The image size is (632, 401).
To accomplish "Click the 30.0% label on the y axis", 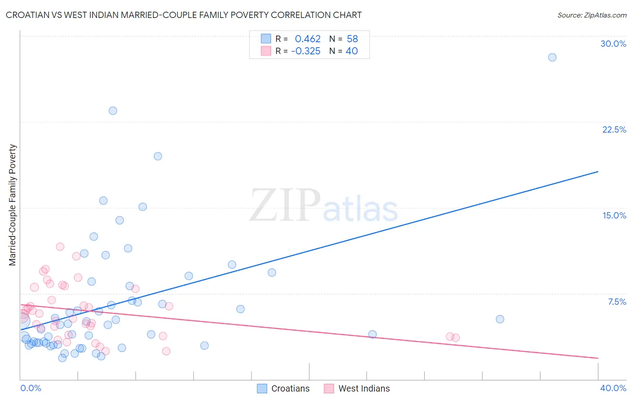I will pyautogui.click(x=613, y=44).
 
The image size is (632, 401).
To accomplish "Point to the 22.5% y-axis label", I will pyautogui.click(x=614, y=129).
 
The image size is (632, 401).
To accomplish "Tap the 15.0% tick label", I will pyautogui.click(x=614, y=215).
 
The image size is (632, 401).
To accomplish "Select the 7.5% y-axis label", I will pyautogui.click(x=617, y=302).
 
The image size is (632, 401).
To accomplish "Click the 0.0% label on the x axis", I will pyautogui.click(x=31, y=388).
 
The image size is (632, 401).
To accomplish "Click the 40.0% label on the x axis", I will pyautogui.click(x=613, y=388).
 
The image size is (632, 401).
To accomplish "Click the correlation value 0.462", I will pyautogui.click(x=307, y=39).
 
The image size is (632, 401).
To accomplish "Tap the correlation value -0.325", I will pyautogui.click(x=306, y=51).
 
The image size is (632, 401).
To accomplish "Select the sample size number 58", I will pyautogui.click(x=352, y=39).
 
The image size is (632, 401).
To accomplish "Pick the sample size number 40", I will pyautogui.click(x=352, y=51).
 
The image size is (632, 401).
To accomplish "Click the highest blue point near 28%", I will pyautogui.click(x=552, y=57).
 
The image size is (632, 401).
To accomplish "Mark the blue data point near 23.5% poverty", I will pyautogui.click(x=113, y=111).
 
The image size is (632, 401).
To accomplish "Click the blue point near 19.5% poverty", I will pyautogui.click(x=158, y=156).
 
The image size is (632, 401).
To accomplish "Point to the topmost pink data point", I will pyautogui.click(x=60, y=246).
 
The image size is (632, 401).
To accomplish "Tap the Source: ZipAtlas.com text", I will pyautogui.click(x=592, y=15).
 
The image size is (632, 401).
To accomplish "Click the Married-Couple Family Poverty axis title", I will pyautogui.click(x=13, y=205).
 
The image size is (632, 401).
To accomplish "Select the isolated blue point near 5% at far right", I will pyautogui.click(x=500, y=319).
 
